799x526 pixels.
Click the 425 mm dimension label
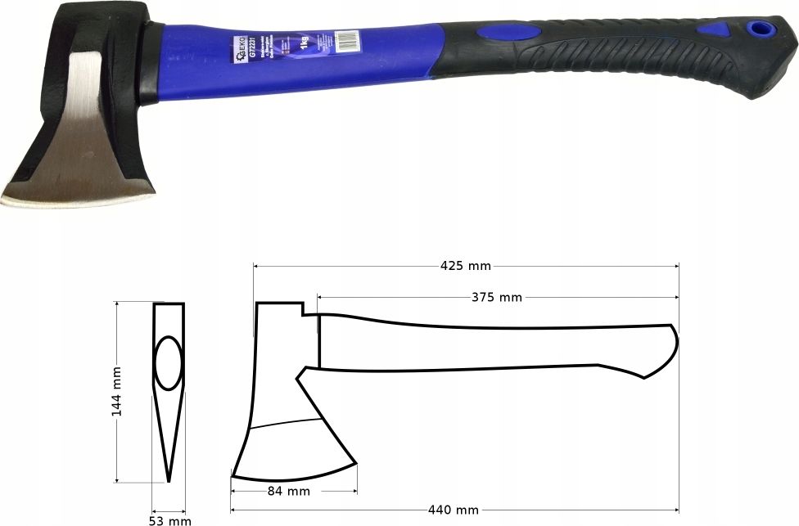point(465,266)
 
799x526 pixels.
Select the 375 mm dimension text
point(496,297)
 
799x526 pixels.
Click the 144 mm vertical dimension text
point(116,392)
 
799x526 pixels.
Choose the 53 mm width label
point(169,519)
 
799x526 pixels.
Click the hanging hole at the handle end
point(763,28)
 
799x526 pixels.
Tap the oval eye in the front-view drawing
point(169,362)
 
